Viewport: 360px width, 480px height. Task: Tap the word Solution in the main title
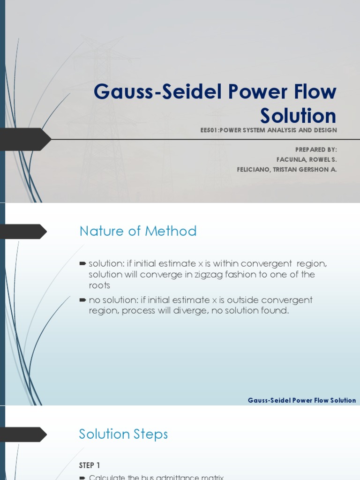pos(298,116)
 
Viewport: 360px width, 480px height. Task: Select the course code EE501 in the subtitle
pos(210,130)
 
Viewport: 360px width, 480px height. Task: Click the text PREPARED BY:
pos(316,150)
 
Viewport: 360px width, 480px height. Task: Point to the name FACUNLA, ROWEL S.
pos(307,159)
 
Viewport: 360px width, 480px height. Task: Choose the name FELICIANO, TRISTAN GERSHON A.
pos(287,170)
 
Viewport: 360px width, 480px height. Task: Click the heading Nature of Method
pos(138,231)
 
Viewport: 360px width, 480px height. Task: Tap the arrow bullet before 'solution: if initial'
pos(83,264)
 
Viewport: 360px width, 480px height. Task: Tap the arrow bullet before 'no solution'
pos(83,300)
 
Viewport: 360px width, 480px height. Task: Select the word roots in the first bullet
pos(99,285)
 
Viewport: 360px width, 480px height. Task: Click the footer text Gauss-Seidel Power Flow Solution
pos(301,400)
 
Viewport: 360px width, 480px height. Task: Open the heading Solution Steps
pos(123,434)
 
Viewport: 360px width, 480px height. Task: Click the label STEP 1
pos(90,465)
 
